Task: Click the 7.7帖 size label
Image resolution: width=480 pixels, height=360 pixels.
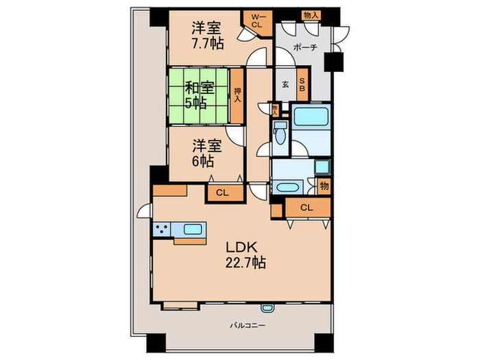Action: click(206, 44)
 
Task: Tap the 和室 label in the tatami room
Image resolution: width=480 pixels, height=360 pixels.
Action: click(199, 88)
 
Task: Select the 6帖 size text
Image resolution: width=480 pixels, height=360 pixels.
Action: click(202, 162)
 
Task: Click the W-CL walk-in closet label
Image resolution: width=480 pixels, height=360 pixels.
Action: click(256, 20)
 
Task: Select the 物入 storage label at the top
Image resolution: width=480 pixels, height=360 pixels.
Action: click(310, 14)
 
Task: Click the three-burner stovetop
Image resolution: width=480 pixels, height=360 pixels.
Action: click(162, 230)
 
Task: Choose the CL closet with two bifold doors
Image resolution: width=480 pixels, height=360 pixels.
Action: click(307, 208)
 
